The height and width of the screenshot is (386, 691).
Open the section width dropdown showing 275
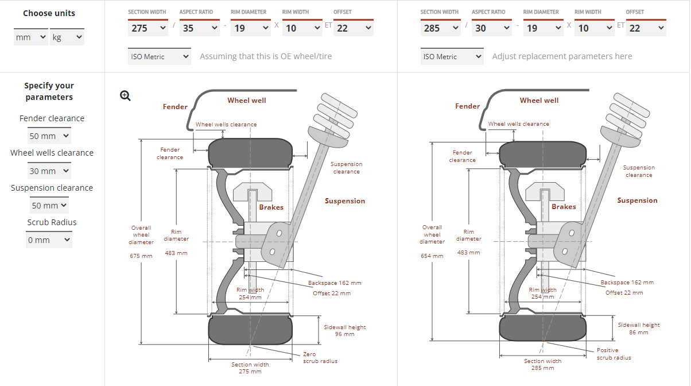148,28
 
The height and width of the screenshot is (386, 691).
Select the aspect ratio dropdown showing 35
199,28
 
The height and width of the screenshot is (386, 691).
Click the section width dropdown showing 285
440,28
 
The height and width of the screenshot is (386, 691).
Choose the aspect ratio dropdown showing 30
492,28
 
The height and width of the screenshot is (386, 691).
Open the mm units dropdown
31,37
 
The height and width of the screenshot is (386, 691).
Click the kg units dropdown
67,37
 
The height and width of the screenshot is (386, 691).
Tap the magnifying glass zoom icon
125,96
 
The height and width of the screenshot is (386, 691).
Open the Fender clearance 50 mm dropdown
49,136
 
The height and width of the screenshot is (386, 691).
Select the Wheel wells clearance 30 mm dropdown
49,171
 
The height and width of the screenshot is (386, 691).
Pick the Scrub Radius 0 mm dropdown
49,240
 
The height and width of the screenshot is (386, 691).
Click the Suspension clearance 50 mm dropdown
49,205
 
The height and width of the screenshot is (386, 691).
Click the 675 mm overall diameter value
141,256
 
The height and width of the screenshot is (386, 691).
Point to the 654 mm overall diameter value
432,256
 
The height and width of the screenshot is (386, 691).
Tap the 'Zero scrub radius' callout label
320,357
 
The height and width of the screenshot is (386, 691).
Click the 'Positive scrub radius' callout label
614,354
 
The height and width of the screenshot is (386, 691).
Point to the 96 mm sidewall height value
345,334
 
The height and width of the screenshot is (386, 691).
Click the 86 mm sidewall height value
639,332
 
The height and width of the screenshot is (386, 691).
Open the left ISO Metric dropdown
160,56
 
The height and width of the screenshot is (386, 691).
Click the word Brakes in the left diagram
271,207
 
